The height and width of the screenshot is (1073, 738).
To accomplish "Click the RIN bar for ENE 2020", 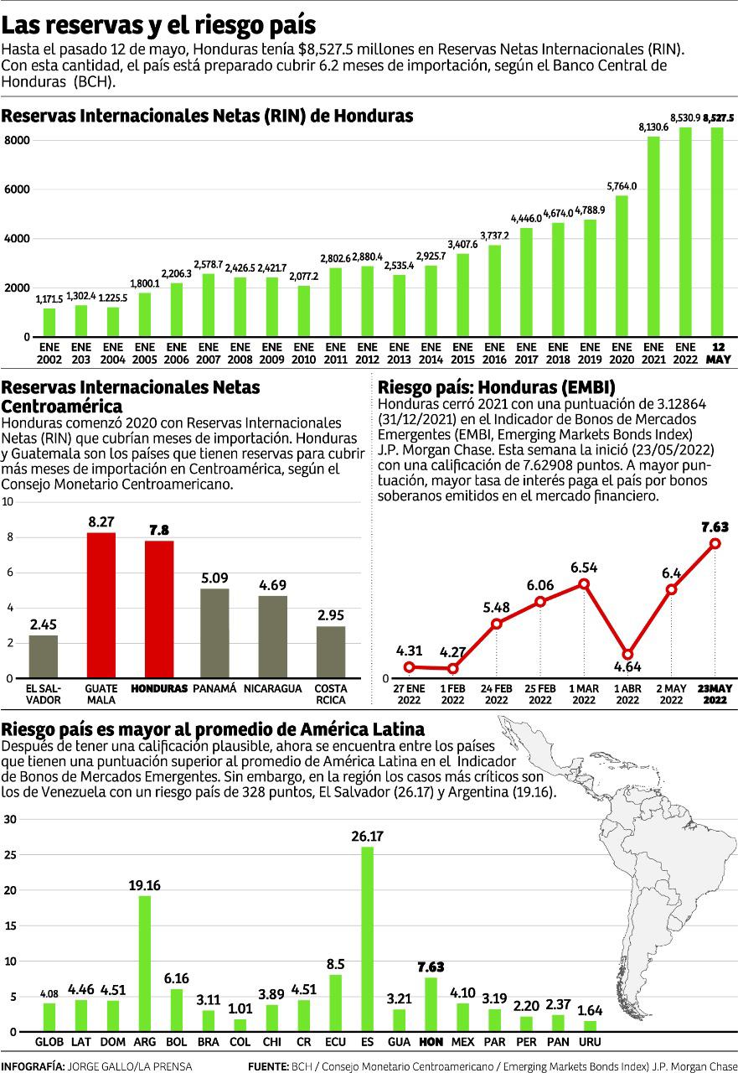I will coord(622,266).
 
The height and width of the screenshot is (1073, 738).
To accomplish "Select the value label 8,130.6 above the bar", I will coord(653,127).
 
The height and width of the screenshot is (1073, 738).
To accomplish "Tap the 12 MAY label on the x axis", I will coord(718,353).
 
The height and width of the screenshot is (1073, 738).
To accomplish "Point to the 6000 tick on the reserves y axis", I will coord(18,190).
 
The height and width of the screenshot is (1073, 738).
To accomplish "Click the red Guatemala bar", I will coord(101,605).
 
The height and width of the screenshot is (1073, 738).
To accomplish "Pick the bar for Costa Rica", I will coord(331,652).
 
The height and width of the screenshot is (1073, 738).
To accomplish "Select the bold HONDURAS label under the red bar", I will coord(159,688).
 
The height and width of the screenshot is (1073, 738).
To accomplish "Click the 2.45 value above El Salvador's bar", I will coord(44,625).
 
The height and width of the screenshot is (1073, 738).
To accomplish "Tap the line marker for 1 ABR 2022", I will coord(627,655).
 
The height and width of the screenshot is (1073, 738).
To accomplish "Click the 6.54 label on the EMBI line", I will coord(584,568).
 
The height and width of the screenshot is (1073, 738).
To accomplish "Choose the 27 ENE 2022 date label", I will coord(409,694).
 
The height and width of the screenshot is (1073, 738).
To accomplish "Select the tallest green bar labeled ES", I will coord(367,939).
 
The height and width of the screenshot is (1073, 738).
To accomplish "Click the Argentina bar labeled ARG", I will coord(144,963).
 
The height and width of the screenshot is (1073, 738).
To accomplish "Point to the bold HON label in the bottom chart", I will coord(431,1042).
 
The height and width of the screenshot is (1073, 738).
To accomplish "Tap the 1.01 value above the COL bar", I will coord(240,1008).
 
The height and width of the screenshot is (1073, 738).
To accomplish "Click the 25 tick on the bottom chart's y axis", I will coord(10,855).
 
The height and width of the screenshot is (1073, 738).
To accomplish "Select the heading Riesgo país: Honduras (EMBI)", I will coord(497,387).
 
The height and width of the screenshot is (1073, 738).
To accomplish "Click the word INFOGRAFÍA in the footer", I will coord(34,1065).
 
